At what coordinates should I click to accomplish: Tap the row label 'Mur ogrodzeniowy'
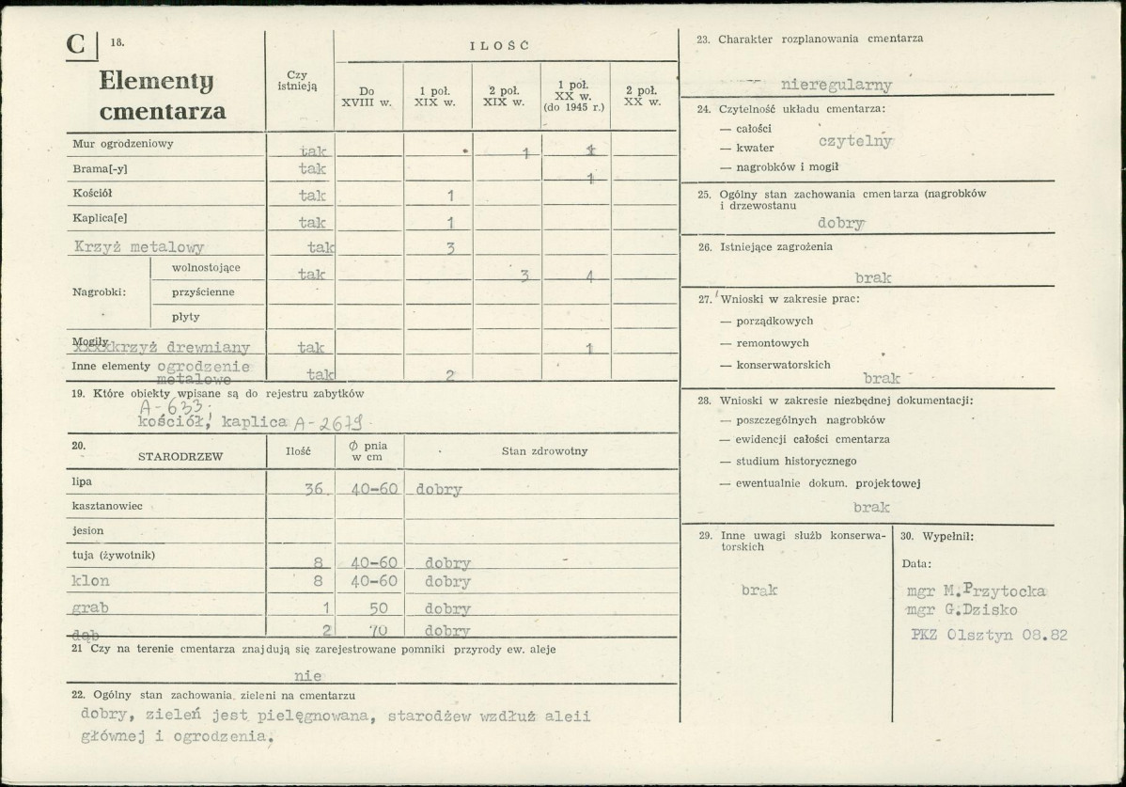123,145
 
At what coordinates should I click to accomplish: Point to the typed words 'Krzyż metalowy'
138,248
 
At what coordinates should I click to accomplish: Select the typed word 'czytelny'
855,141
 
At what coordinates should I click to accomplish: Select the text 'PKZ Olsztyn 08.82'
989,635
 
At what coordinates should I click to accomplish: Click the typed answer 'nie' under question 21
307,675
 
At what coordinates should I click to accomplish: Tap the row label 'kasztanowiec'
107,506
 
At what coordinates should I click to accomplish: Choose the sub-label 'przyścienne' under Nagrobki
203,292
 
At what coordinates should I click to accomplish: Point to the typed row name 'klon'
90,581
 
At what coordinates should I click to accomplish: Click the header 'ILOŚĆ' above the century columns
498,45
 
